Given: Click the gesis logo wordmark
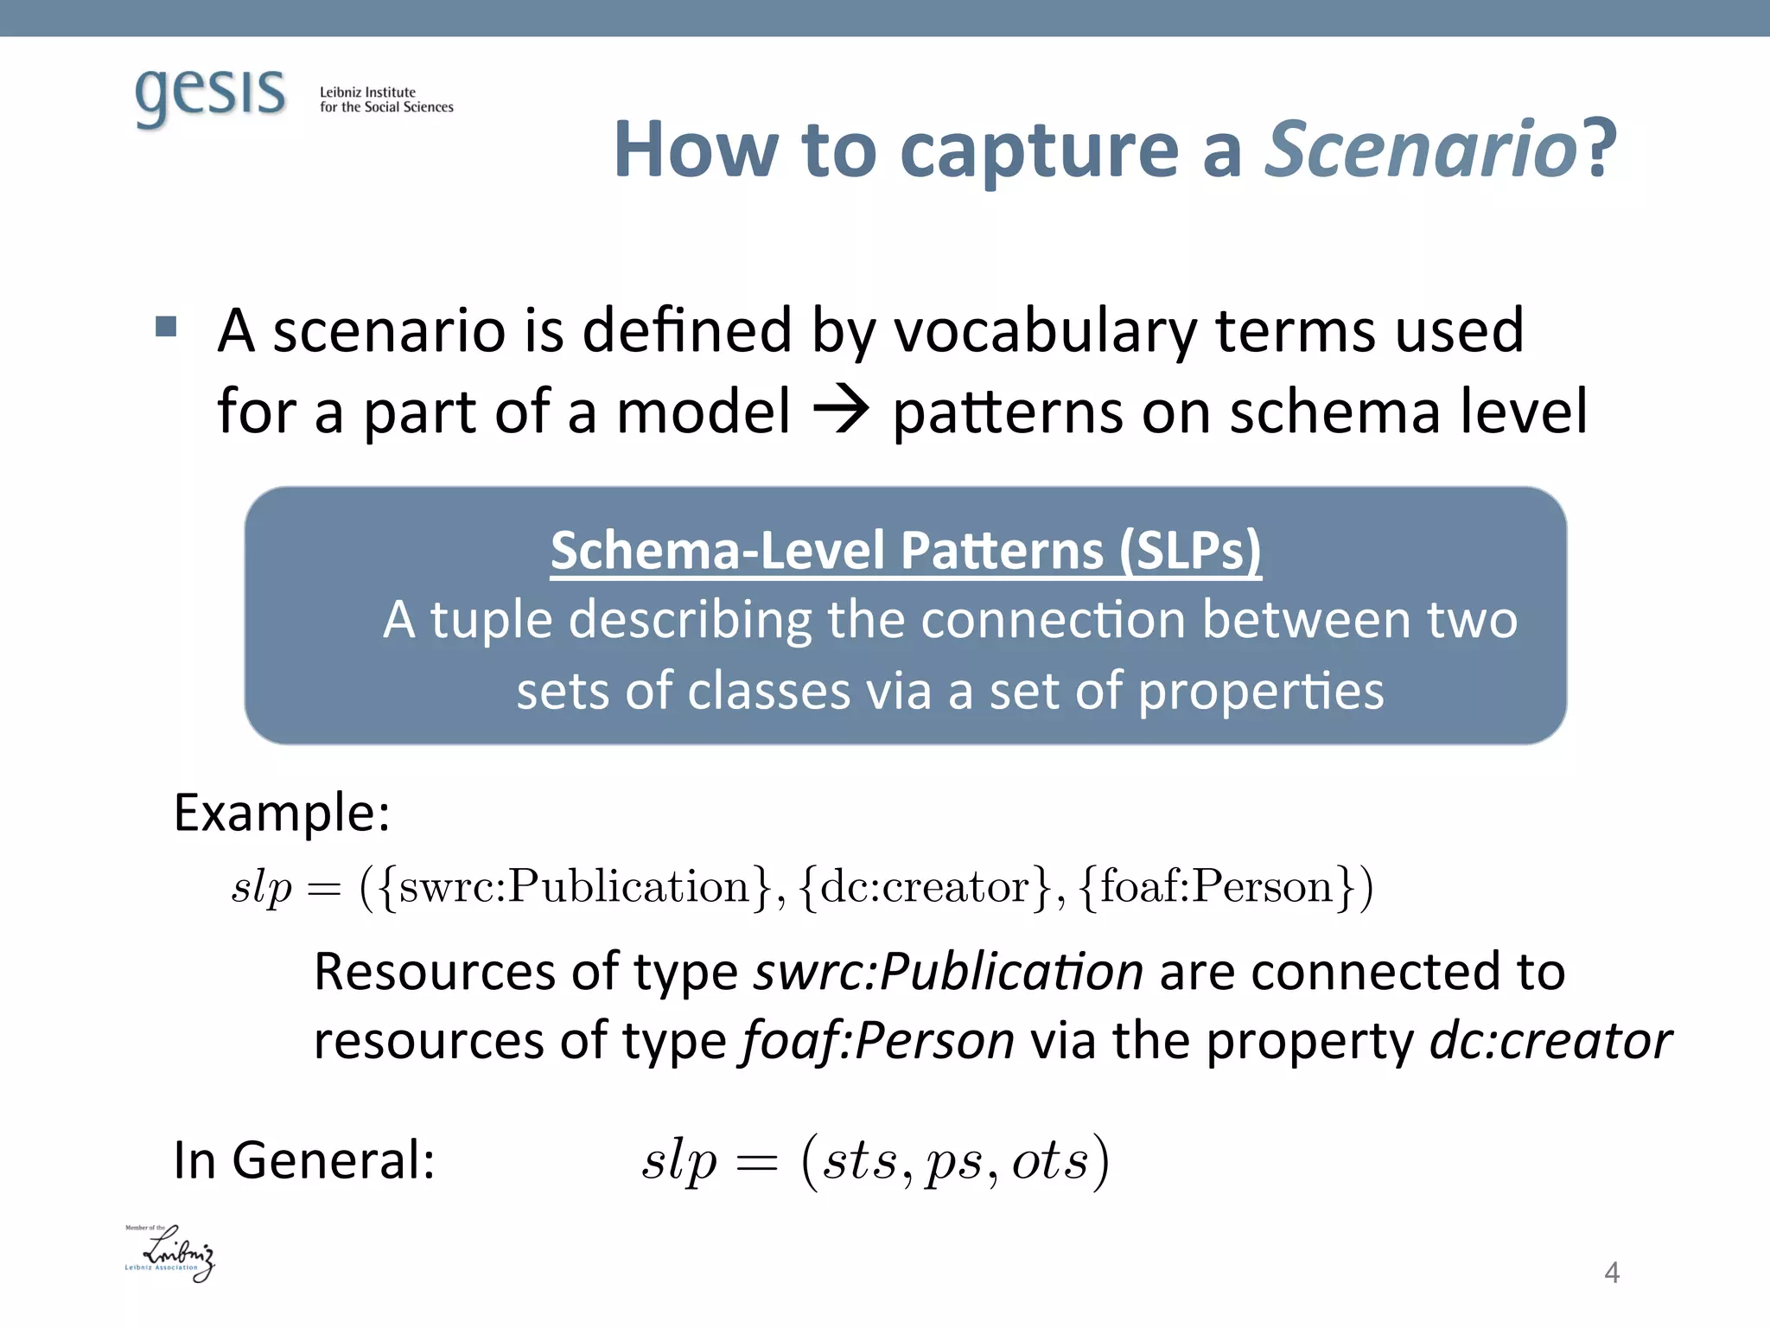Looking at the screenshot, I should coord(210,95).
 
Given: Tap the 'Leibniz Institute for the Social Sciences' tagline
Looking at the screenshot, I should coord(385,99).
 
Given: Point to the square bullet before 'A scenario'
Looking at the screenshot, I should coord(166,327).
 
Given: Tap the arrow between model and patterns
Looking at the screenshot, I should coord(841,411).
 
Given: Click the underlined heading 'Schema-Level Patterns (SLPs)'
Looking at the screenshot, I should coord(906,550).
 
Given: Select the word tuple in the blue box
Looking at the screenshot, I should coord(491,620).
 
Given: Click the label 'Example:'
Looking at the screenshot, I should coord(282,813).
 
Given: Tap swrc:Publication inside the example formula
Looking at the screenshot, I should coord(575,887).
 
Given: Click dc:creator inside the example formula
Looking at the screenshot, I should coord(925,887).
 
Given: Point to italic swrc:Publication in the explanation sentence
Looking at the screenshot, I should coord(949,972).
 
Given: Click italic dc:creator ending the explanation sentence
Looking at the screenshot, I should coord(1550,1041).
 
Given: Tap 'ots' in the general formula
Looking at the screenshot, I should coord(1049,1160).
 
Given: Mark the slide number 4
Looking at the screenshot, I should coord(1611,1273).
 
